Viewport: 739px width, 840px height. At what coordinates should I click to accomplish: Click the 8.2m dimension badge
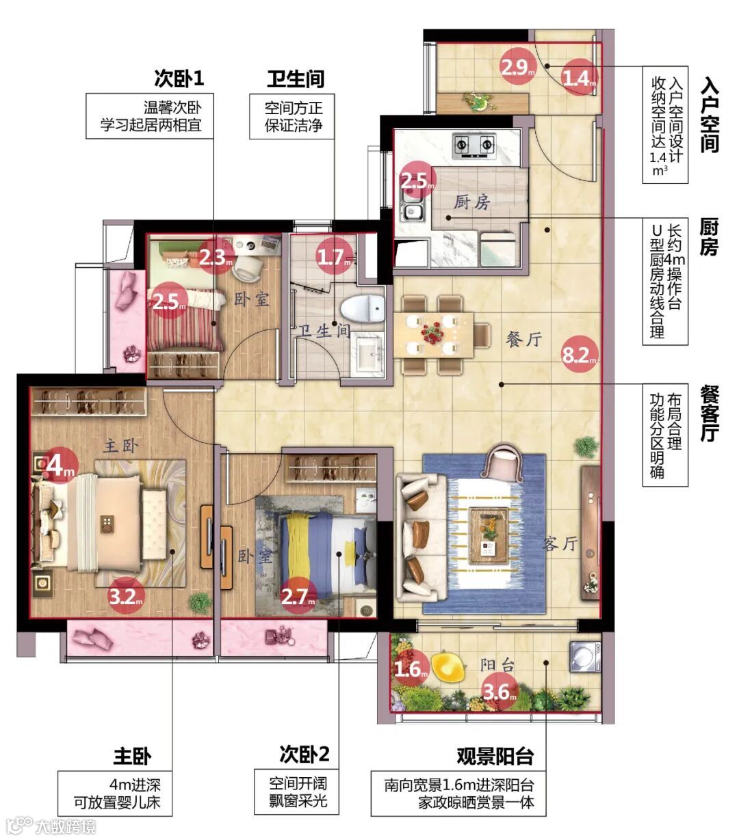[x=580, y=353]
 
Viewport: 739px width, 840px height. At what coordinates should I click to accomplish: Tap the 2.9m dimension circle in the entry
[x=518, y=66]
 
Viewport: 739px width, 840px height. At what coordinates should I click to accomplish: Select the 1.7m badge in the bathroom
[x=335, y=256]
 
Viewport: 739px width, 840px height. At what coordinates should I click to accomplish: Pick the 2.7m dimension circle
[x=298, y=596]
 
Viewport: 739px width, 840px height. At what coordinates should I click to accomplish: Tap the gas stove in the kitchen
[x=474, y=146]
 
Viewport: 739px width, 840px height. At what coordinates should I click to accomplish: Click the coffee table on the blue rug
[x=489, y=535]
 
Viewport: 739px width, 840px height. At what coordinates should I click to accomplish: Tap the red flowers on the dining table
[x=432, y=333]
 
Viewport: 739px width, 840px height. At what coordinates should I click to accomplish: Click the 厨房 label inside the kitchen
[x=472, y=202]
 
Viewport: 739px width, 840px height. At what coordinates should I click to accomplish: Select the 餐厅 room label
[x=524, y=339]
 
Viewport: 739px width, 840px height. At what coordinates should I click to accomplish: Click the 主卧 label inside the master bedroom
[x=121, y=446]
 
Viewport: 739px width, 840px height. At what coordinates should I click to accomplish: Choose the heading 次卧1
[x=179, y=78]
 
